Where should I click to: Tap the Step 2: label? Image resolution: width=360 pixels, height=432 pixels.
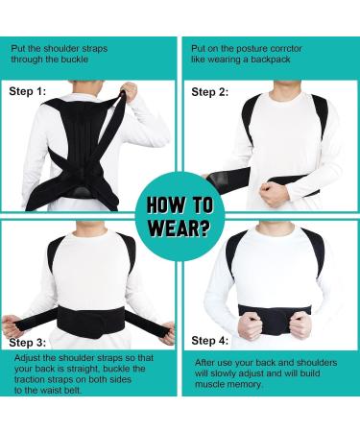(x=209, y=92)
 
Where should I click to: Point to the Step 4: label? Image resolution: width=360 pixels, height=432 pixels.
(x=209, y=341)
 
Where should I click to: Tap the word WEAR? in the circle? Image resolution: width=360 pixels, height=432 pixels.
(x=180, y=231)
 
